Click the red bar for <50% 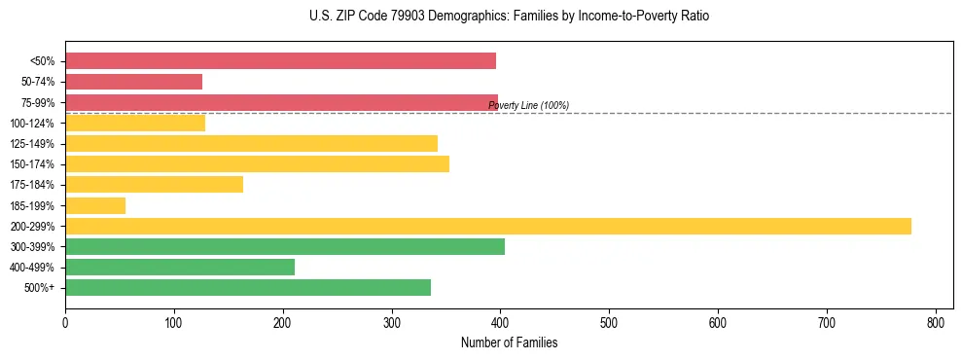pyautogui.click(x=280, y=61)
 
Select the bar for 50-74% pyautogui.click(x=133, y=82)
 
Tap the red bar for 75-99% pyautogui.click(x=281, y=102)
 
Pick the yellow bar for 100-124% pyautogui.click(x=135, y=123)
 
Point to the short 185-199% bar pyautogui.click(x=95, y=205)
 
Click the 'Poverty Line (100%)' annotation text pyautogui.click(x=528, y=105)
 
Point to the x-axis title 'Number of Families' pyautogui.click(x=509, y=342)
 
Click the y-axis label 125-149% pyautogui.click(x=32, y=144)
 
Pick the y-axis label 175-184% pyautogui.click(x=32, y=185)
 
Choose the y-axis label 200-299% pyautogui.click(x=32, y=226)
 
